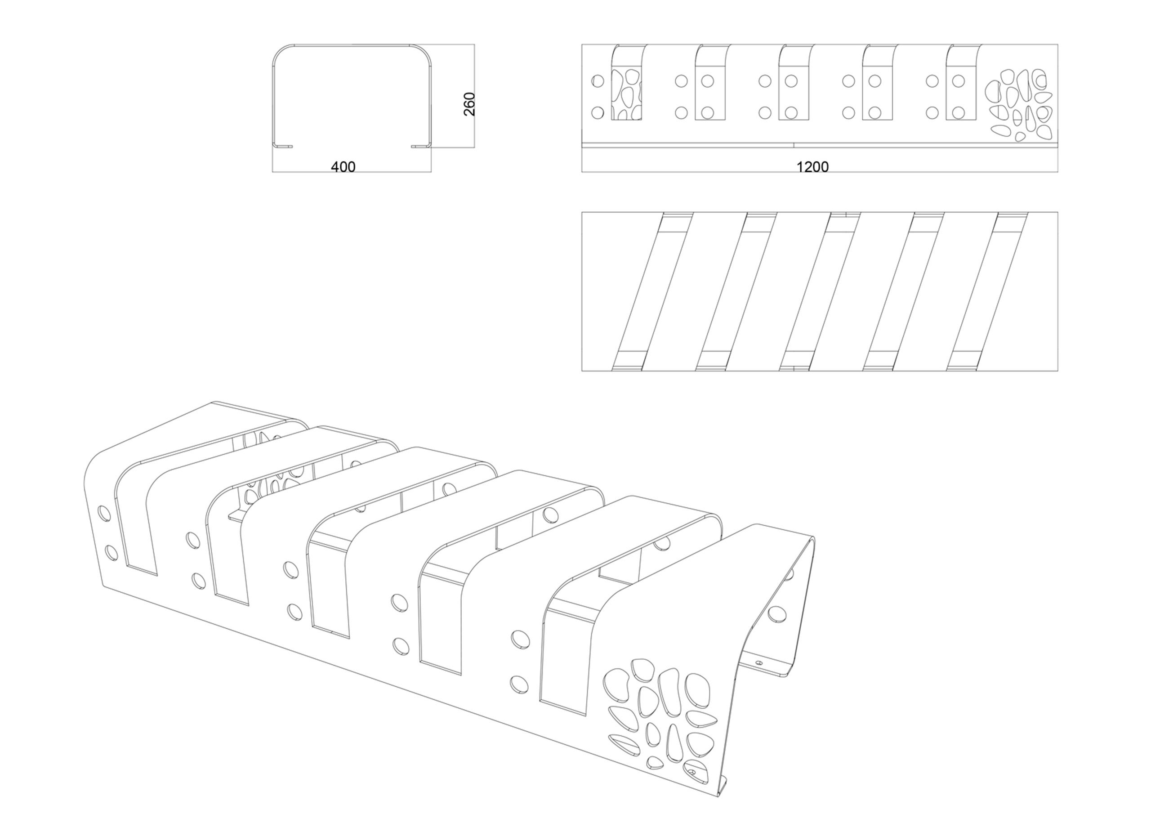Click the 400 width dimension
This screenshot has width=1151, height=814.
point(344,166)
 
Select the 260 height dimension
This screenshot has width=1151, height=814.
point(469,104)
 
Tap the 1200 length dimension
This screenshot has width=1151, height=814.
point(812,166)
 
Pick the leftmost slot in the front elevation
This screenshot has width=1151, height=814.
point(627,82)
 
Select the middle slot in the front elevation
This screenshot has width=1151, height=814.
point(794,82)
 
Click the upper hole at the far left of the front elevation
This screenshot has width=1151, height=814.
point(598,81)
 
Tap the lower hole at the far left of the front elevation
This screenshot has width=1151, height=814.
point(598,113)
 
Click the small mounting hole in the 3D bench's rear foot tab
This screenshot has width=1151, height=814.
point(758,662)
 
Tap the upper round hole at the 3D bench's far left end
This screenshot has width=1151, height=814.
point(104,513)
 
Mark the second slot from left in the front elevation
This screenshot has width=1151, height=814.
point(710,82)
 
